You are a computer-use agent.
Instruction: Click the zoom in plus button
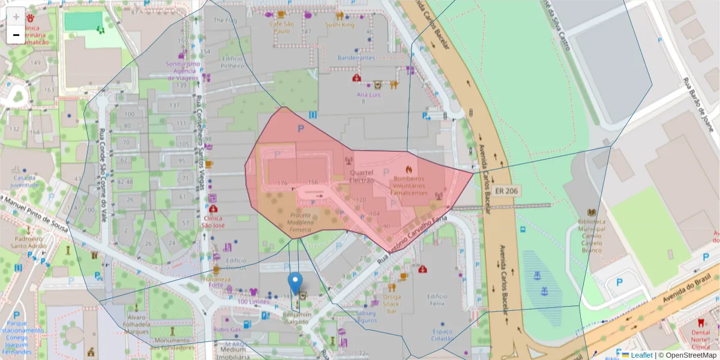(16, 17)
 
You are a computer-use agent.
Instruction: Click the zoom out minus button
(16, 35)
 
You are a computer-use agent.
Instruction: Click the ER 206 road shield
(507, 191)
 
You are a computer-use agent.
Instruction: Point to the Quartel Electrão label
(361, 176)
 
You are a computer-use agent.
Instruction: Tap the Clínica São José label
(214, 221)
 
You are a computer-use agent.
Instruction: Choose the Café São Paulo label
(280, 27)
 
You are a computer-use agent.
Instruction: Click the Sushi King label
(340, 25)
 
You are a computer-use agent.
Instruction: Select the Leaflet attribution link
(641, 355)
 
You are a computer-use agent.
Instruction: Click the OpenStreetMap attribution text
(687, 355)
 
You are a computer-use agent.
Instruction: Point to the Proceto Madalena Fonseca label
(301, 222)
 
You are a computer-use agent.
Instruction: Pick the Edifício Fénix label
(437, 300)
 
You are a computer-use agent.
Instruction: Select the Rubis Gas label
(227, 329)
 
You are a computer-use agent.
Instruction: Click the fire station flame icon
(409, 170)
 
